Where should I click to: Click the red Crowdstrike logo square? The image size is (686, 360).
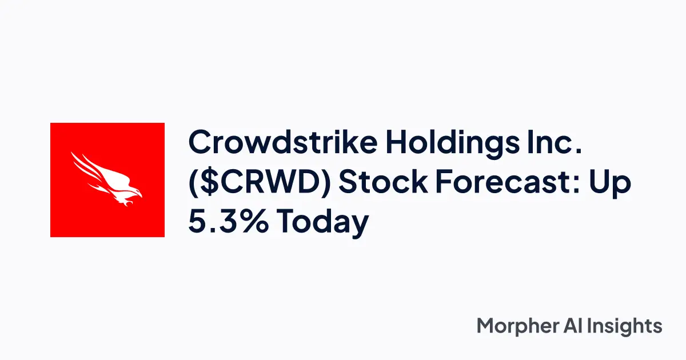pyautogui.click(x=107, y=179)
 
